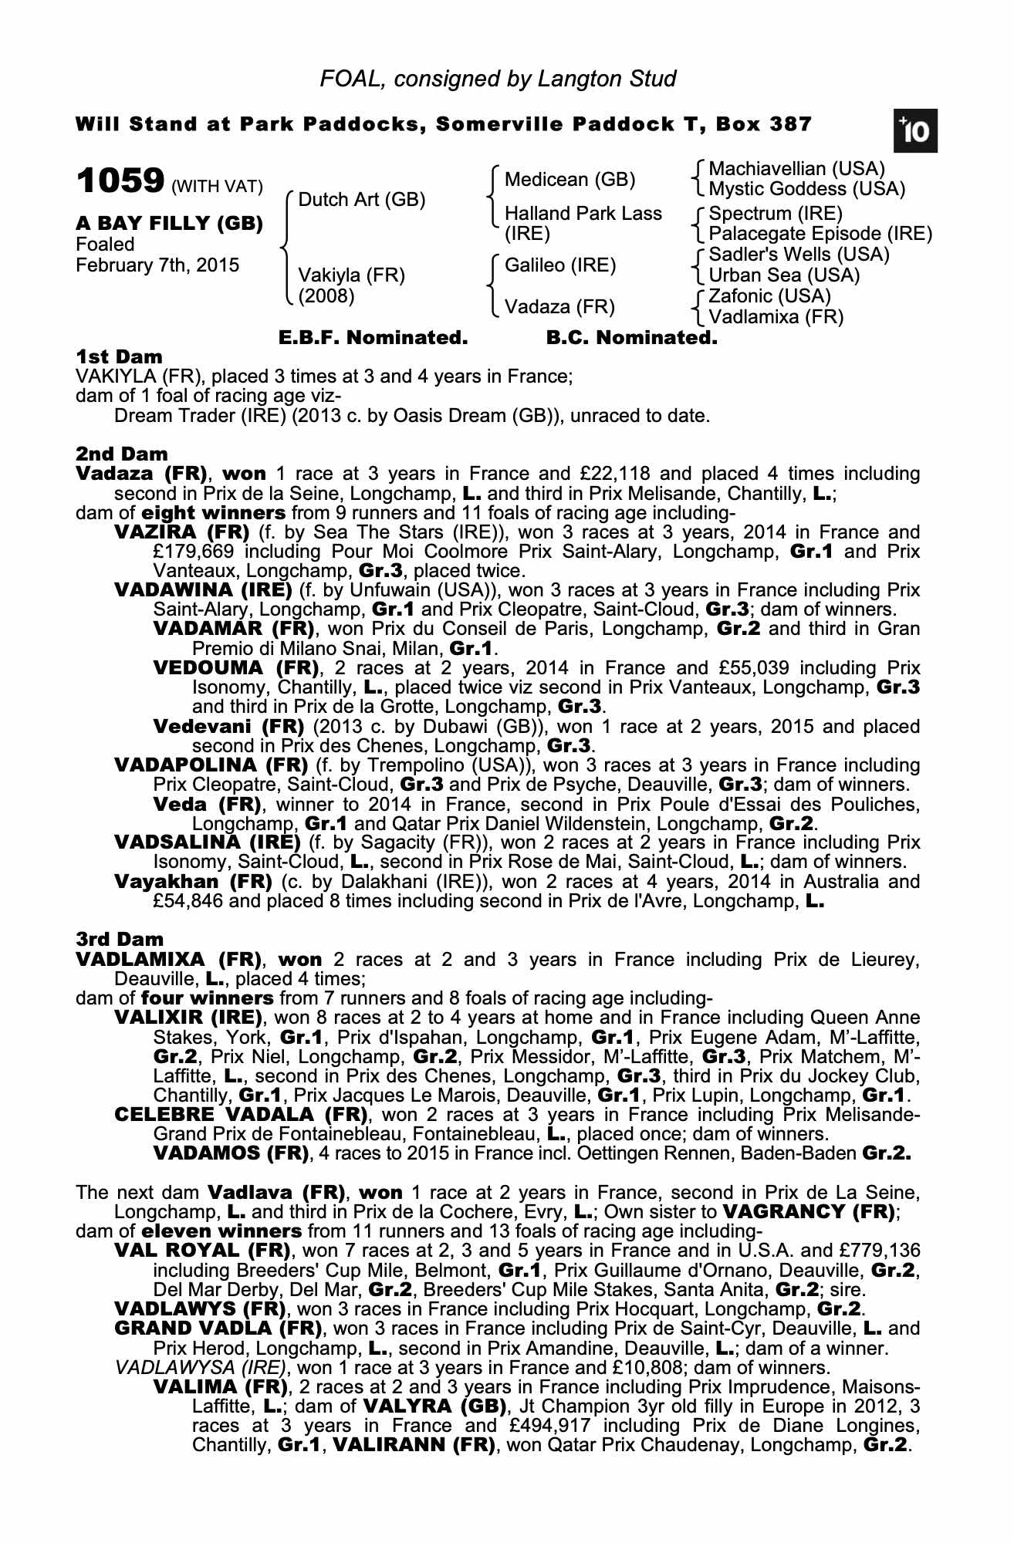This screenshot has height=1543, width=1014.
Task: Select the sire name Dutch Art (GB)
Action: point(362,200)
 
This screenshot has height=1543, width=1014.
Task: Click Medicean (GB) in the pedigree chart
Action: point(570,180)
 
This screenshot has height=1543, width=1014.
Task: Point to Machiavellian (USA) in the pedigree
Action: point(796,169)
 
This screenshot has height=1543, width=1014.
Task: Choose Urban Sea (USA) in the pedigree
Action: point(784,275)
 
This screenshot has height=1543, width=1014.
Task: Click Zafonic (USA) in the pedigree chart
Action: point(769,296)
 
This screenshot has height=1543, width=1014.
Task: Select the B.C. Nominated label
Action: point(631,337)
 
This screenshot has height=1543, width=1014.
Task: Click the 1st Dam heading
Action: point(119,356)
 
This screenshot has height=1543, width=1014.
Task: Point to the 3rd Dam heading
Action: point(120,939)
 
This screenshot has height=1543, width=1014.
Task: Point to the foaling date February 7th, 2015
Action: point(157,265)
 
